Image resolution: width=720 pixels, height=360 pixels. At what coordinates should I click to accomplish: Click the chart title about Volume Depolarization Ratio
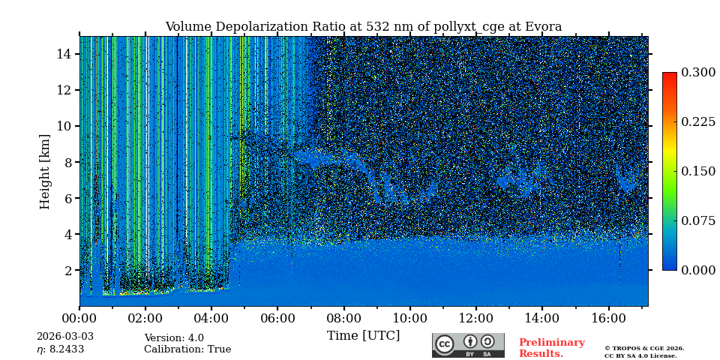pos(363,27)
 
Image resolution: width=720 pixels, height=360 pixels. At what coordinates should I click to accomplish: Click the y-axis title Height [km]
pos(45,171)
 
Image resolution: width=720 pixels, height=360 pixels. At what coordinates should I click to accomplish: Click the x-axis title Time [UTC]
pos(363,336)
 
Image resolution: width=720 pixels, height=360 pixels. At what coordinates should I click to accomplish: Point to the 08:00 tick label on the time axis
pos(343,319)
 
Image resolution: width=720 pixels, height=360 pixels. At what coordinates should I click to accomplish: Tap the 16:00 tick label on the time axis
pos(608,319)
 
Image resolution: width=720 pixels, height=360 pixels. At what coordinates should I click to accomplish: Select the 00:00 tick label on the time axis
pos(79,319)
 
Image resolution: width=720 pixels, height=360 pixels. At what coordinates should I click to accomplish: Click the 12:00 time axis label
pos(476,319)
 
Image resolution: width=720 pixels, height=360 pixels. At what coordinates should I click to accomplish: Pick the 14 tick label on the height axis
pos(64,54)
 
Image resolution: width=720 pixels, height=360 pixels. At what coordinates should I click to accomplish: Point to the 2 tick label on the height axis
pos(67,270)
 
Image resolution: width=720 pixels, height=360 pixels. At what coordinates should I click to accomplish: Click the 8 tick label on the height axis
pos(67,162)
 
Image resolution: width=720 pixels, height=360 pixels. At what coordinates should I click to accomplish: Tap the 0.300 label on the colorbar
pos(698,73)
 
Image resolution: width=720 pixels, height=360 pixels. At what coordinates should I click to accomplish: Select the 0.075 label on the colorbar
pos(698,220)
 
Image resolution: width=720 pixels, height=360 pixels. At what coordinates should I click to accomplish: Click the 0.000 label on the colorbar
pos(698,270)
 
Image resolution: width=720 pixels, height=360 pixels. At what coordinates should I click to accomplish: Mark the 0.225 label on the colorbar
pos(698,122)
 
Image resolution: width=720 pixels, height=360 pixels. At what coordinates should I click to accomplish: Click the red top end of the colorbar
pos(669,76)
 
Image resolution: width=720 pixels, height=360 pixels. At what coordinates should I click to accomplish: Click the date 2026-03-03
pos(65,337)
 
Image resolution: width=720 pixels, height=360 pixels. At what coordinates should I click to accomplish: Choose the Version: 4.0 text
pos(174,338)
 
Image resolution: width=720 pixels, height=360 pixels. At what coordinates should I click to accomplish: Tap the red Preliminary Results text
pos(551,348)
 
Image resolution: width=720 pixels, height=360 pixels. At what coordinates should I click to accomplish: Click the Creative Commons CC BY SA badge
pos(468,345)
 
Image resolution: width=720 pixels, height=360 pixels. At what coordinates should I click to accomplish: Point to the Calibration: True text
pos(187,349)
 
